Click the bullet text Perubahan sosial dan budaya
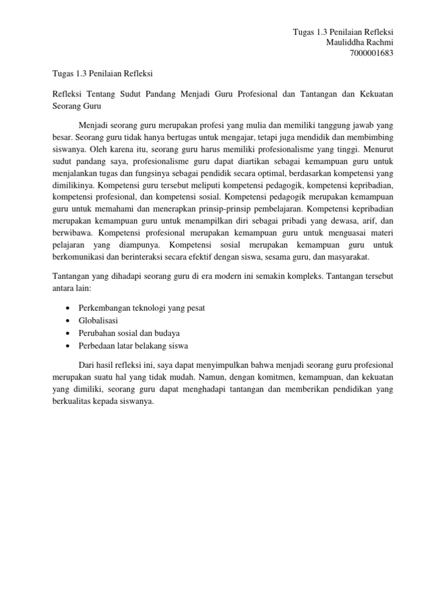[x=129, y=333]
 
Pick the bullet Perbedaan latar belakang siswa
[x=133, y=346]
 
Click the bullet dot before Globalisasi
[x=70, y=321]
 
